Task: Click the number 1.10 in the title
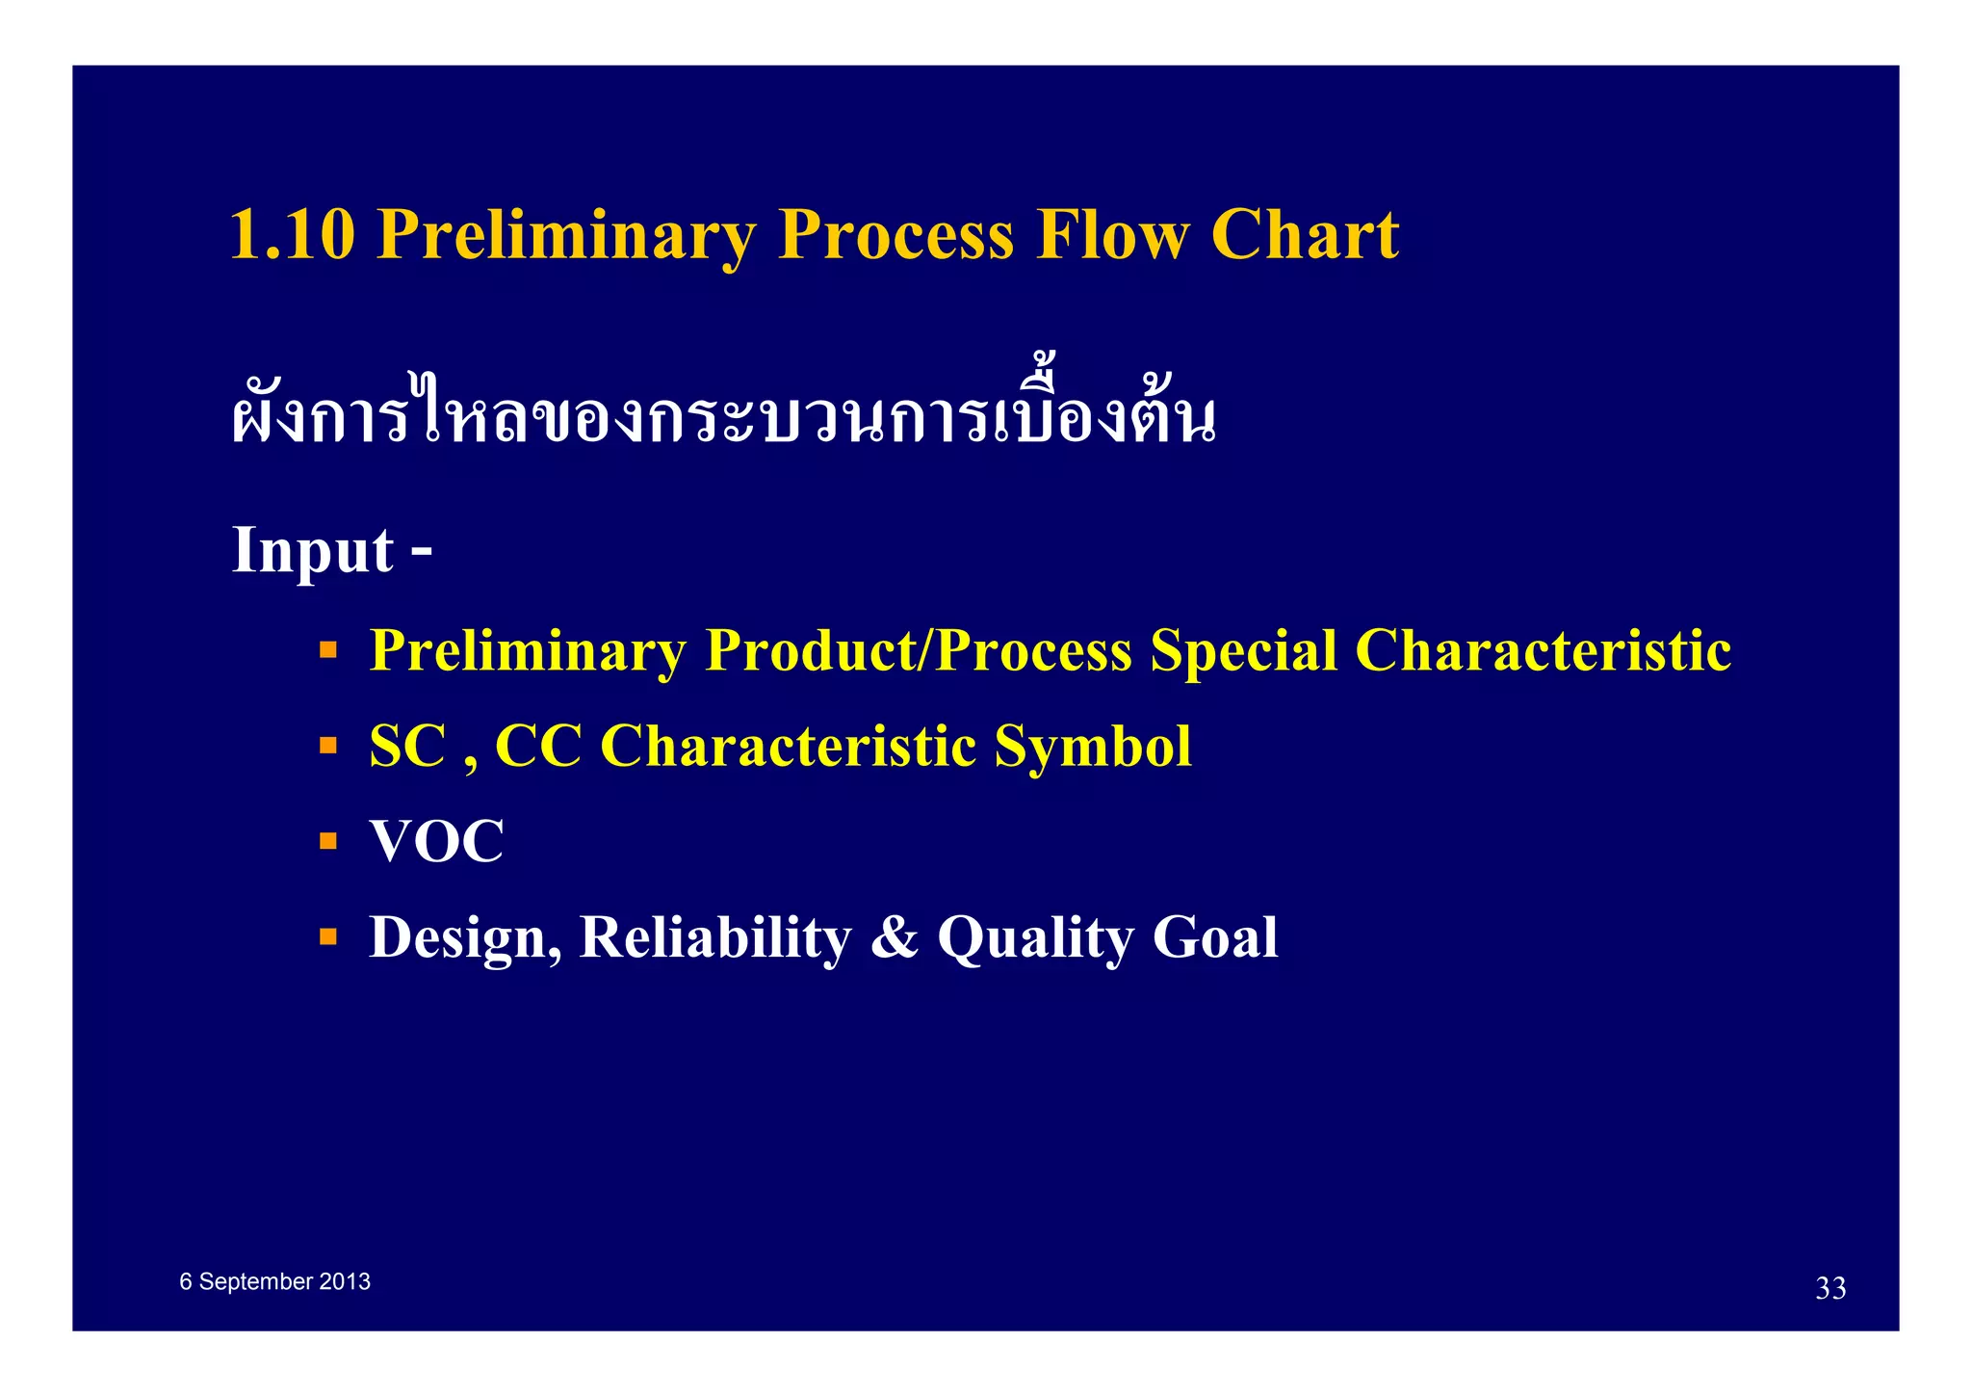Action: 293,234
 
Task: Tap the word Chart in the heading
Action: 1304,234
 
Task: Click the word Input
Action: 312,550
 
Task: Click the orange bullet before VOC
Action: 328,840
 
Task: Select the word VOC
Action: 436,841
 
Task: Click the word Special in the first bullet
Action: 1243,650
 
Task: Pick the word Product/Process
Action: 918,650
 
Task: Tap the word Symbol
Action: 1092,746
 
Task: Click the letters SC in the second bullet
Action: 407,746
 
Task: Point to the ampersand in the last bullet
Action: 894,936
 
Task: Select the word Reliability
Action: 714,936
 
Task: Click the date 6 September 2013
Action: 274,1281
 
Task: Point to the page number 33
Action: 1829,1288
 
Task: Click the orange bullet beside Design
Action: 328,935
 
